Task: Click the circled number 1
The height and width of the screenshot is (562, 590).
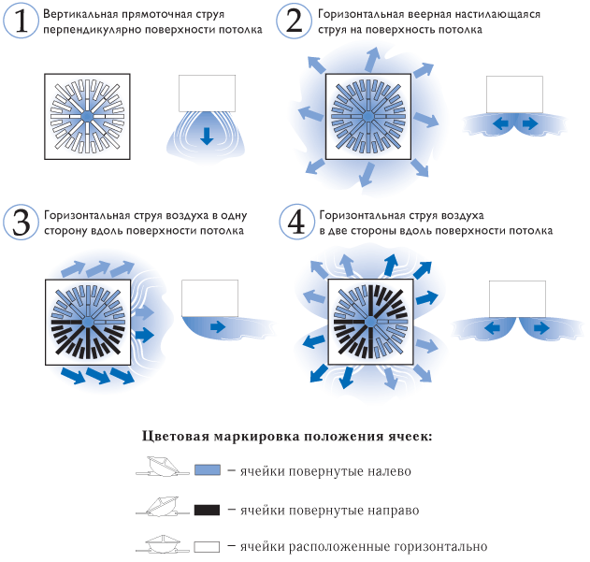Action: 22,21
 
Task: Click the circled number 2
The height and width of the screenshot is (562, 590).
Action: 295,21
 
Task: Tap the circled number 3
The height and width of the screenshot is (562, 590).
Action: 22,223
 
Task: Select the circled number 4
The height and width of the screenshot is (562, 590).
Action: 296,223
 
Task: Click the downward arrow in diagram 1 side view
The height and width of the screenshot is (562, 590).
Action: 207,136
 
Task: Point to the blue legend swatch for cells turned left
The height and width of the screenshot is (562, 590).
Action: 208,469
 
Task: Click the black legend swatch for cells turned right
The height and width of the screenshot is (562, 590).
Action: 207,510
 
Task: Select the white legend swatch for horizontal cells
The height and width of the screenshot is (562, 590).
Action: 207,546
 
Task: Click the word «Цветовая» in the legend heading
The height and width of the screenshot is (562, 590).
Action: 176,437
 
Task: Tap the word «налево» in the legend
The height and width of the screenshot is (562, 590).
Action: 389,471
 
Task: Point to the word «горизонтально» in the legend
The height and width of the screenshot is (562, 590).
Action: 440,546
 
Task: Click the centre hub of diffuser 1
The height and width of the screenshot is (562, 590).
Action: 87,116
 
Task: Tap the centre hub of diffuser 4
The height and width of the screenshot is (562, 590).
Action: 370,322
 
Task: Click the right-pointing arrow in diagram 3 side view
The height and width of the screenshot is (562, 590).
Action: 218,326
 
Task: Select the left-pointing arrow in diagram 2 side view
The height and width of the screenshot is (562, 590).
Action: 501,123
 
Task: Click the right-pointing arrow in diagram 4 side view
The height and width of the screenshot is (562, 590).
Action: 541,328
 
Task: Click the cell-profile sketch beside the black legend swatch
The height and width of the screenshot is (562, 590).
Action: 163,506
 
